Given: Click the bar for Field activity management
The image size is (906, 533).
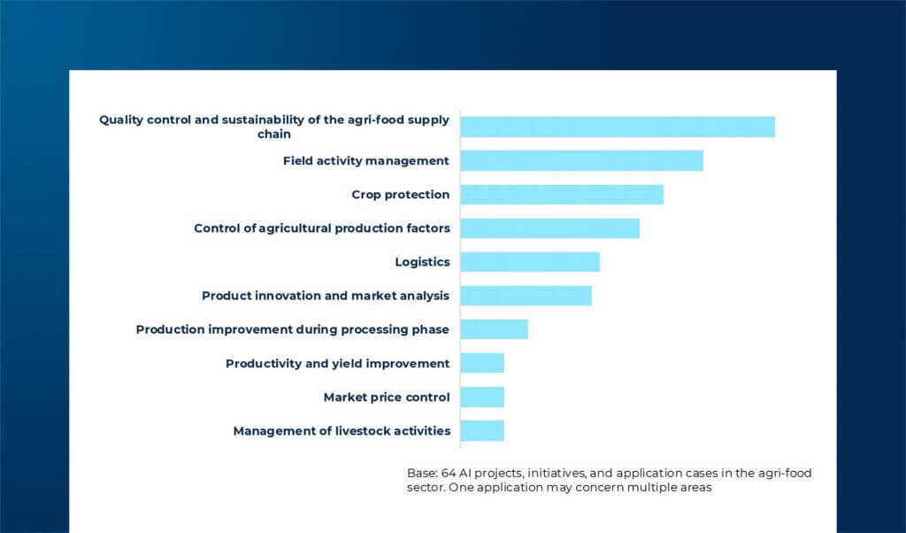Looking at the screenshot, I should tap(581, 160).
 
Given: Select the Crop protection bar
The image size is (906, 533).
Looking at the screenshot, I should tap(561, 195).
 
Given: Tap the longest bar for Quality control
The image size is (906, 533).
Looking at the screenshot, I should tap(617, 127).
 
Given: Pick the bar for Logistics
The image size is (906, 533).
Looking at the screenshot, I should tap(529, 262).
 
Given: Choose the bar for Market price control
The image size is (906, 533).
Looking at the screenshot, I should tap(481, 397).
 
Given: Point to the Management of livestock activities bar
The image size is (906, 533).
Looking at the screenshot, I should tap(481, 430).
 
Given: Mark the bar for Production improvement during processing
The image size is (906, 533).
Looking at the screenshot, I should tap(494, 329).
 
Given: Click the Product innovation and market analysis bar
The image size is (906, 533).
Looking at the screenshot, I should tap(526, 296).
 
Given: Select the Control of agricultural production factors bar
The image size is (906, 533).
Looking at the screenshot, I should tap(549, 228).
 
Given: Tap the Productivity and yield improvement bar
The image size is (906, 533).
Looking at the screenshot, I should tap(481, 363).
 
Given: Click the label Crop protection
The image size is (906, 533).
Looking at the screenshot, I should tap(400, 195).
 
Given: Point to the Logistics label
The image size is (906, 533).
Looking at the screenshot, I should tap(422, 262).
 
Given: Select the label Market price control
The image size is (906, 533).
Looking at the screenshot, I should tap(386, 398).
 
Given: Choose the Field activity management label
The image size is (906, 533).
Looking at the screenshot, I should tap(365, 161).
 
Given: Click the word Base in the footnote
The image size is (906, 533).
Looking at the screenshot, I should tap(421, 474).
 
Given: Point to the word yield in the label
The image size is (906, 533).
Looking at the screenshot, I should tap(353, 364).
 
